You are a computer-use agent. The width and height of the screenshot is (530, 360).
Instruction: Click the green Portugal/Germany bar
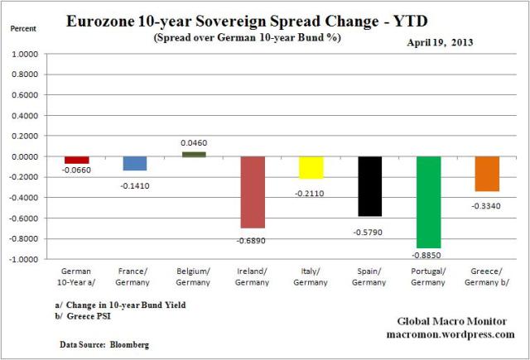428,202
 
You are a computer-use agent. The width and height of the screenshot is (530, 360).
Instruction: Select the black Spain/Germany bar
369,186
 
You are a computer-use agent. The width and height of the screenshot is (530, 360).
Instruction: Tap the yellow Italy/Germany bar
311,167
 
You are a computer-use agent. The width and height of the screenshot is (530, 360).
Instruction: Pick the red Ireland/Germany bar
253,192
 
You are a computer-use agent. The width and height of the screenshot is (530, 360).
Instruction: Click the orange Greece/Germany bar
486,174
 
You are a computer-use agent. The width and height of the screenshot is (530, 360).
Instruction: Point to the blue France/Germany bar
135,164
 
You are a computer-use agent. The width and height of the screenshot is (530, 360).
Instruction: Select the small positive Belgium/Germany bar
194,154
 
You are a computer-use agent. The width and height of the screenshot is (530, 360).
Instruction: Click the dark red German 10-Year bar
77,160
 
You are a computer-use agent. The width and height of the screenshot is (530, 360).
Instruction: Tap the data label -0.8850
428,256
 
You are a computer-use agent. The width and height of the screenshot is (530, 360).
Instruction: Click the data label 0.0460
194,143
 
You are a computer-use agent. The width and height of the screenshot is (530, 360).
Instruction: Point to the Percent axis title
24,27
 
